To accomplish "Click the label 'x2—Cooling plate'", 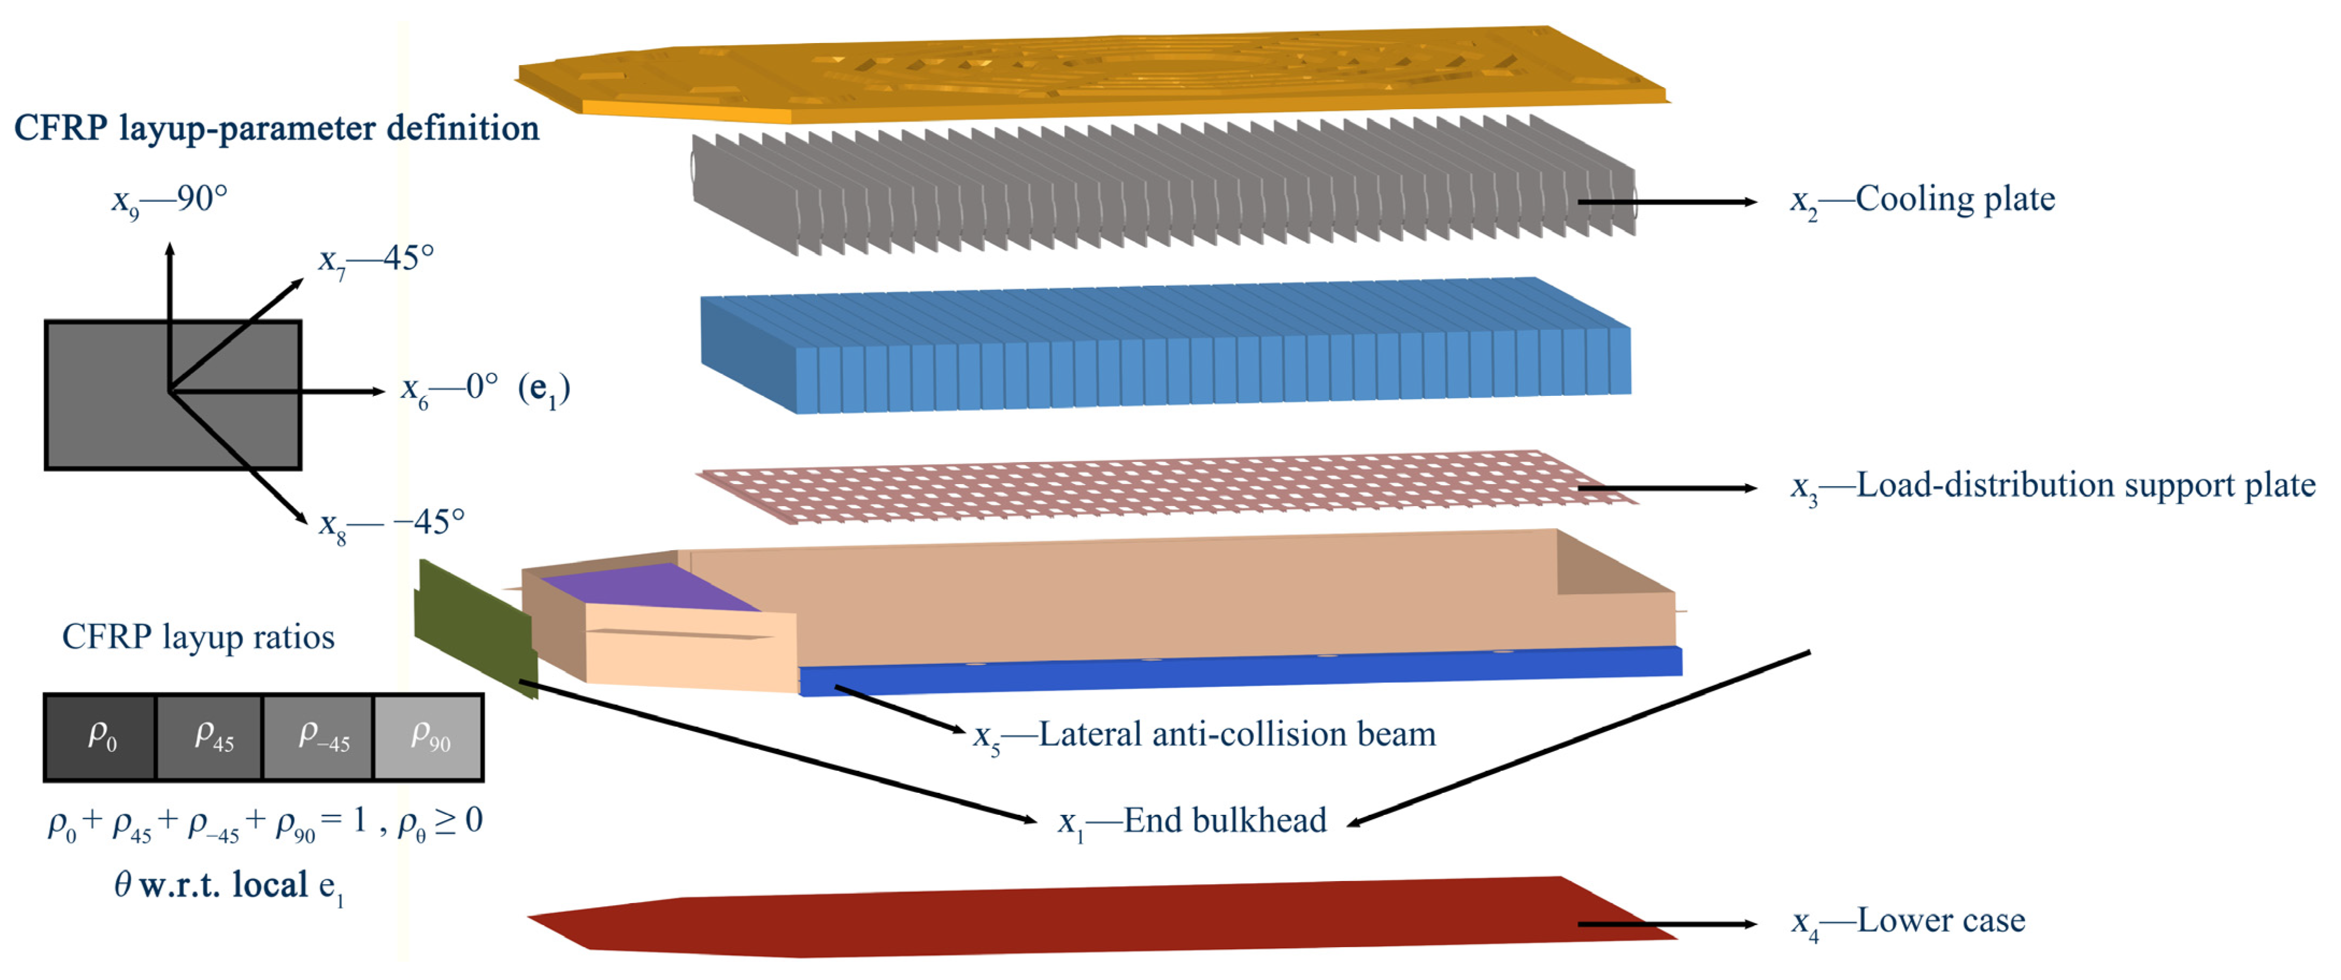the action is click(x=1922, y=200).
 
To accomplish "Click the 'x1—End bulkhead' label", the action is click(x=1191, y=822).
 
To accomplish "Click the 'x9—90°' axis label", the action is click(x=169, y=200).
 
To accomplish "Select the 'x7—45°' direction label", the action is click(x=375, y=260).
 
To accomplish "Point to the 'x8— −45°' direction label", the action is click(x=392, y=524).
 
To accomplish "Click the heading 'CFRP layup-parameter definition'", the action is click(x=276, y=128).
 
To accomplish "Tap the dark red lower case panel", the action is click(x=1091, y=917).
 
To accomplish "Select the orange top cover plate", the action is click(x=1091, y=73).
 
